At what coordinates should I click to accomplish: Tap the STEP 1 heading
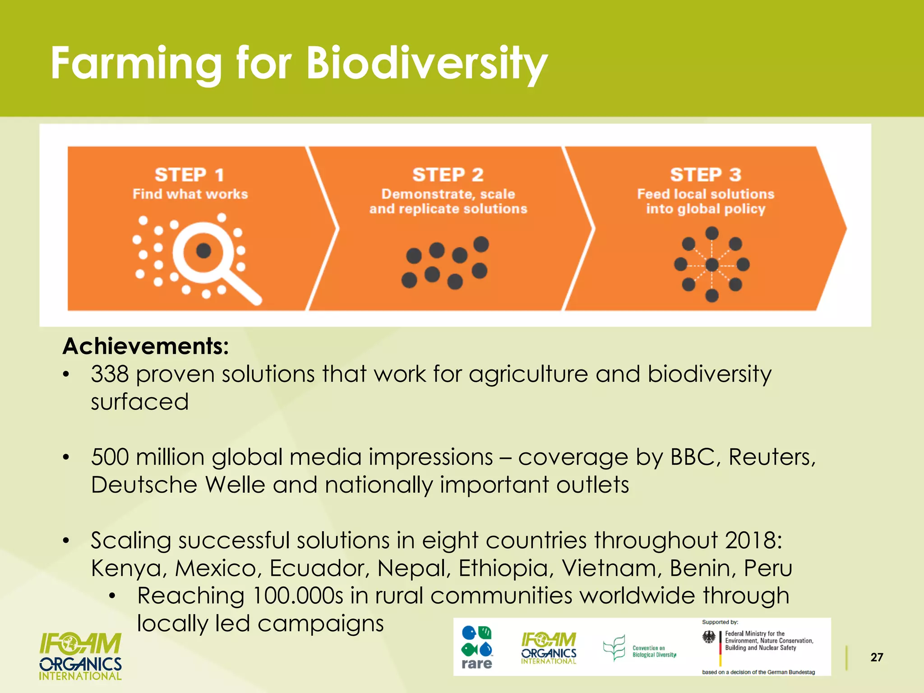point(189,175)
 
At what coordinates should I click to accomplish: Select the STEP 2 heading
point(448,175)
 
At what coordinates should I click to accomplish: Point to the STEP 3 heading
point(706,175)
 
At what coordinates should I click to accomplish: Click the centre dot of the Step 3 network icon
point(712,265)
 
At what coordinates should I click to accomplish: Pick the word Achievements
point(145,346)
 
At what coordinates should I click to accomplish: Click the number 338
point(110,374)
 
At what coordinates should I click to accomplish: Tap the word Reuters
point(772,457)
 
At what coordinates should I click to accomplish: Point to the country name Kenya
point(126,568)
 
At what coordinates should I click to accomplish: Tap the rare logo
point(476,647)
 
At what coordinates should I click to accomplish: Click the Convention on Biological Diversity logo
point(640,648)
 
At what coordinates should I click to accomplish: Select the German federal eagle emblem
point(709,638)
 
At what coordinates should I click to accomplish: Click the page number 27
point(877,657)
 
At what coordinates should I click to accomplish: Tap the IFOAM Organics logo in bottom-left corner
point(80,656)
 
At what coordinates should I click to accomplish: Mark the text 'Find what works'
point(190,194)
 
